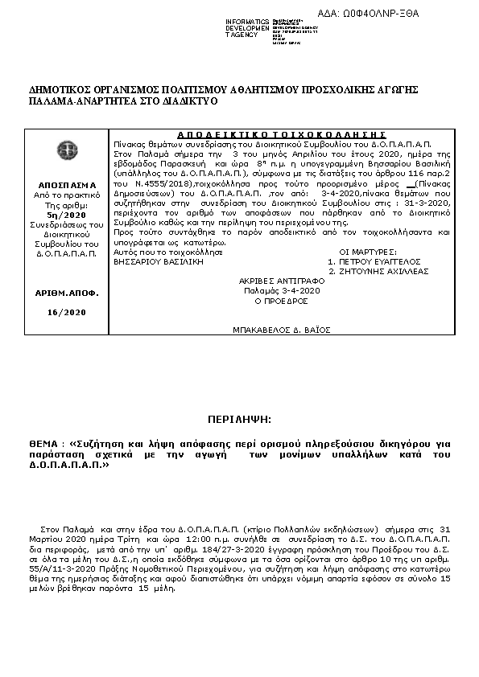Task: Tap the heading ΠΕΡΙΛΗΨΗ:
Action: pyautogui.click(x=240, y=420)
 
